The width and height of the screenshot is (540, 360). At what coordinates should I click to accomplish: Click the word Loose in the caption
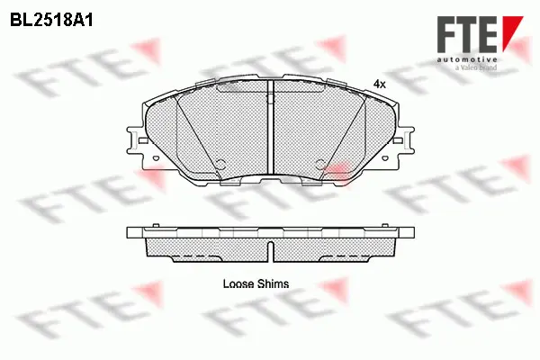click(x=238, y=283)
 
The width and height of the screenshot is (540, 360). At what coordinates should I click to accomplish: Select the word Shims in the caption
click(x=272, y=283)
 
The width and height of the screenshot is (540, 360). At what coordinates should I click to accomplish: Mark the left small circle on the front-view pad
click(x=219, y=163)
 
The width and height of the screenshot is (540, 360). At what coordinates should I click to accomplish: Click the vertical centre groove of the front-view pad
click(x=271, y=135)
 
